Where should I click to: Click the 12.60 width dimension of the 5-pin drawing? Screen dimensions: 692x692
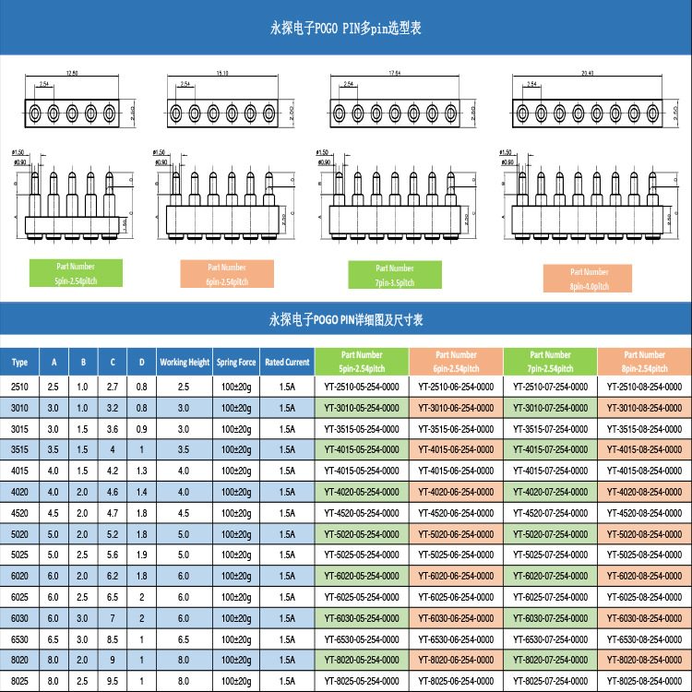(x=72, y=72)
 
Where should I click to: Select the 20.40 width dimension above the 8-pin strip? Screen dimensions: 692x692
(x=563, y=72)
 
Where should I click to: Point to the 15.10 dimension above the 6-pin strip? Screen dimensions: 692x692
(x=222, y=72)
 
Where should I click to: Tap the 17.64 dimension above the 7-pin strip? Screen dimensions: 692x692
(x=395, y=72)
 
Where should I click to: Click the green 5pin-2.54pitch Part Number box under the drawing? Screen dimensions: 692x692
(x=75, y=272)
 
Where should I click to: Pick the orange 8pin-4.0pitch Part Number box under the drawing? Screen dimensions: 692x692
(x=590, y=278)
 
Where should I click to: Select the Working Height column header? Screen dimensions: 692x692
(x=185, y=363)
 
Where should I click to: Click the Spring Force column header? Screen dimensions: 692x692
(x=236, y=363)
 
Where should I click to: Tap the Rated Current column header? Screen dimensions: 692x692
(x=286, y=363)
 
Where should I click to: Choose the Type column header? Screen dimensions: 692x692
(x=19, y=363)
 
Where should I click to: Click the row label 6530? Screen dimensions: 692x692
(x=19, y=638)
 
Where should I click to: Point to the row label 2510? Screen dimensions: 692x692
(x=19, y=387)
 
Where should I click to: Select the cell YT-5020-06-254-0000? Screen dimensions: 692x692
(x=456, y=534)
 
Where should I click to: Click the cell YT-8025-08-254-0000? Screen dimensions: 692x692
(x=644, y=681)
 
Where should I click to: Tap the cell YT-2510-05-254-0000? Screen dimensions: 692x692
(x=362, y=387)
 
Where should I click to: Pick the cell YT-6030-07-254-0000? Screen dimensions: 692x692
(x=550, y=618)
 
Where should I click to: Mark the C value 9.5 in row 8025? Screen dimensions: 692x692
(x=113, y=681)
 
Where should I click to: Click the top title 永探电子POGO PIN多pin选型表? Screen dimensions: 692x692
(x=345, y=29)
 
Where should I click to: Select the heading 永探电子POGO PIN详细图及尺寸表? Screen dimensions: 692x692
(x=345, y=320)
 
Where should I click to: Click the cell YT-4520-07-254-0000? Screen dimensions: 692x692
(x=550, y=513)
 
